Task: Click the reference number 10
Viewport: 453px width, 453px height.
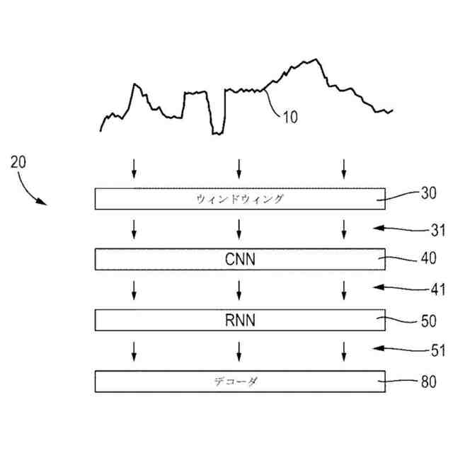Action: tap(290, 117)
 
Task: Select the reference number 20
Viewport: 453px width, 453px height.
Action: tap(18, 161)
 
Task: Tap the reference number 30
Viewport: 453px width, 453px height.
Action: tap(429, 193)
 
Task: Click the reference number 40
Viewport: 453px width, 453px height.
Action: tap(429, 258)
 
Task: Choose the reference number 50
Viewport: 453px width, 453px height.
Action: tap(429, 320)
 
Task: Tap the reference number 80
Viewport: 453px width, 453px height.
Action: tap(429, 382)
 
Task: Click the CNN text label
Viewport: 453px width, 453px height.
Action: tap(239, 259)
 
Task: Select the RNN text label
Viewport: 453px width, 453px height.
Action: tap(239, 321)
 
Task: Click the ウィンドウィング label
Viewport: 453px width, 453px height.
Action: tap(239, 199)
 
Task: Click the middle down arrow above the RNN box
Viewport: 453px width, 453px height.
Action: tap(239, 289)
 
